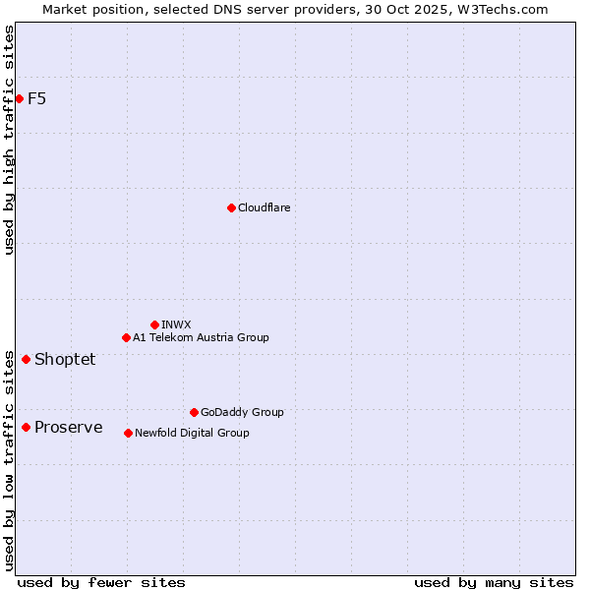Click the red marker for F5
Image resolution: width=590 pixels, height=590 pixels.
tap(19, 98)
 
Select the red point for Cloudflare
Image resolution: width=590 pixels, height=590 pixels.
tap(231, 207)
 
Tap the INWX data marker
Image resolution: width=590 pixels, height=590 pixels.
tap(154, 324)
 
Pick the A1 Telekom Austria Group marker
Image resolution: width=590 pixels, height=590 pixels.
tap(126, 337)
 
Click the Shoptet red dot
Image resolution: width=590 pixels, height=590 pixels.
tap(26, 359)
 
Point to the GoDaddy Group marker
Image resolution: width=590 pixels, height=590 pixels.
tap(194, 412)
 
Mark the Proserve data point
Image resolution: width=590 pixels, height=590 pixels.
tap(26, 427)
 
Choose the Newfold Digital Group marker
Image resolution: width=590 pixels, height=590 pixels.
tap(128, 433)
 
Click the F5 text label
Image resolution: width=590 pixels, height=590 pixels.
tap(36, 98)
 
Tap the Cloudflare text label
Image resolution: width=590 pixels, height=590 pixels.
tap(264, 207)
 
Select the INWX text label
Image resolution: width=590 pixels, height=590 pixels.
tap(176, 324)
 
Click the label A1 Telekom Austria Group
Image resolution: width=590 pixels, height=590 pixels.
tap(201, 337)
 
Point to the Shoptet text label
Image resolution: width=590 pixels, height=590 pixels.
tap(65, 359)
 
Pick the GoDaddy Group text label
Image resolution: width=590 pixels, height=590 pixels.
tap(242, 412)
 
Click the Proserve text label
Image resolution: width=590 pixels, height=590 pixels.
tap(68, 427)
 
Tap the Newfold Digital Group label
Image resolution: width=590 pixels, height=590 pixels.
tap(192, 433)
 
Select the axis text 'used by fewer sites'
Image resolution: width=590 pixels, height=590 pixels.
tap(101, 582)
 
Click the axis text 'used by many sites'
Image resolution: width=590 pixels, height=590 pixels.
tap(494, 582)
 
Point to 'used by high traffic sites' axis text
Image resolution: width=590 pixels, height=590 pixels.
tap(9, 140)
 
